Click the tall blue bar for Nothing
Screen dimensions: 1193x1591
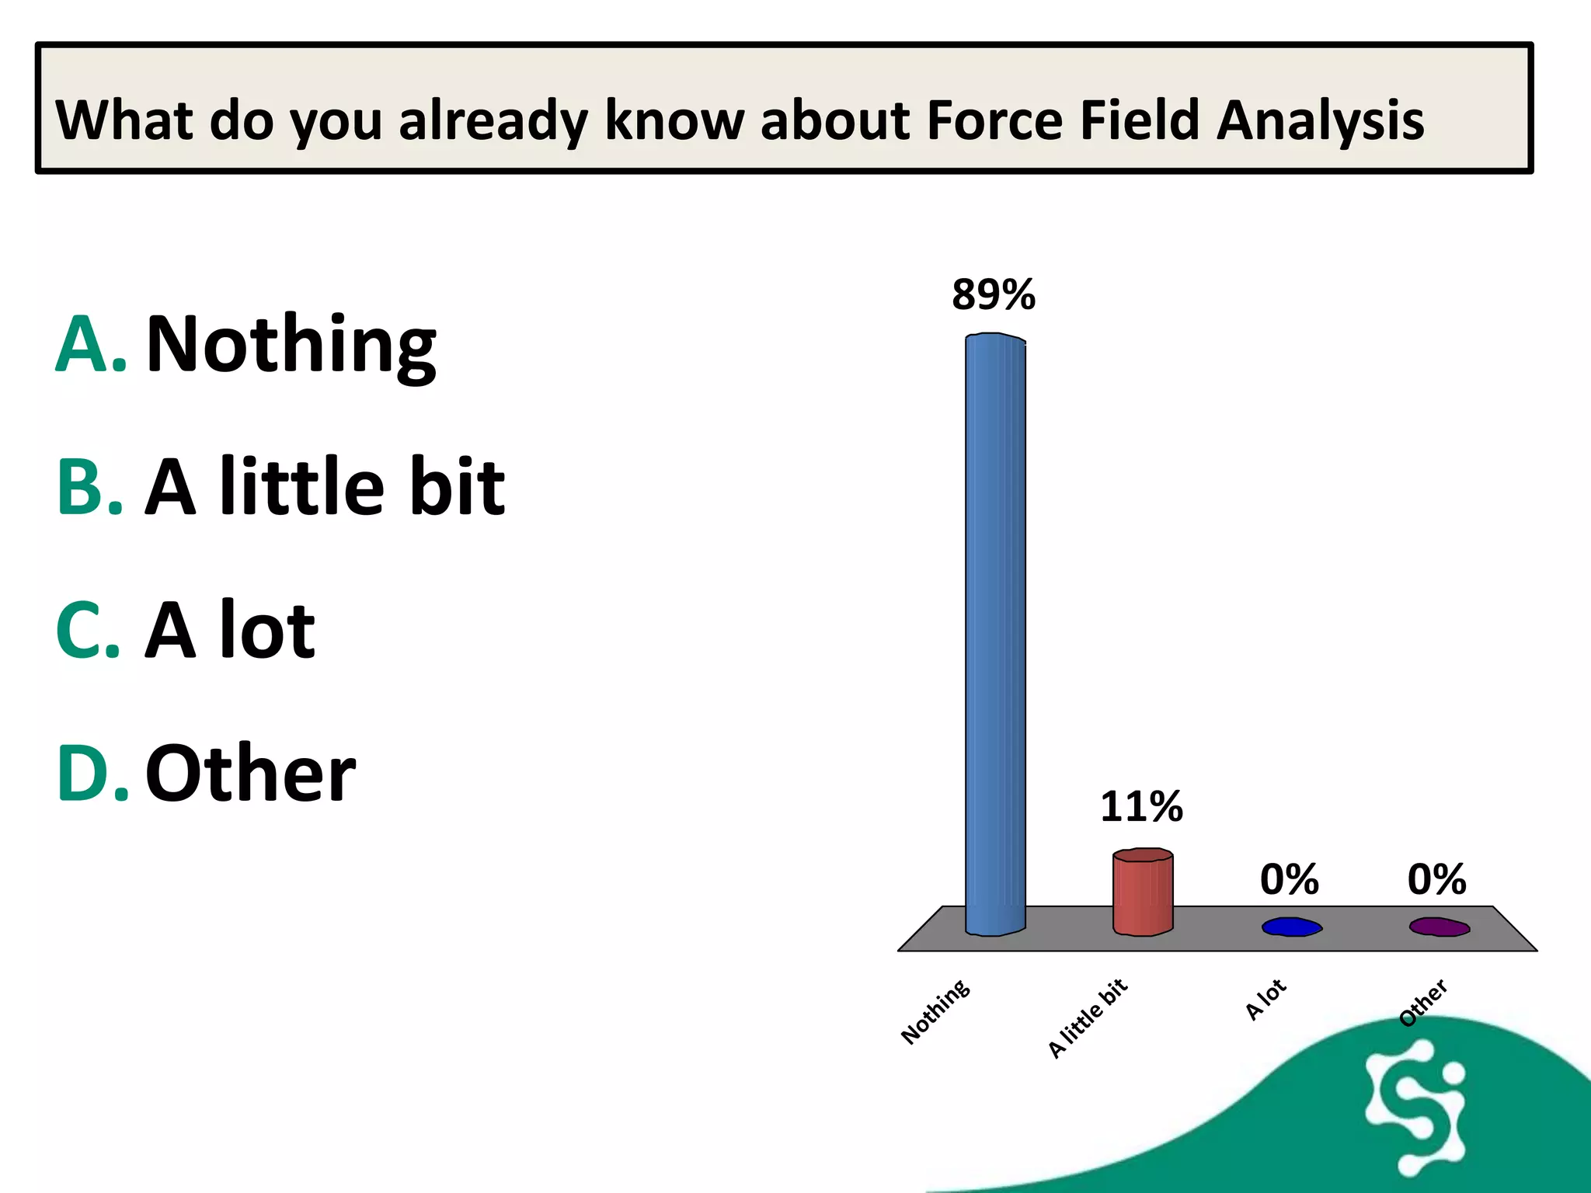pyautogui.click(x=995, y=633)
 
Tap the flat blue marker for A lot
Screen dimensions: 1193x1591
pyautogui.click(x=1291, y=927)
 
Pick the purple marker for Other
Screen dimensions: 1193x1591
pyautogui.click(x=1440, y=927)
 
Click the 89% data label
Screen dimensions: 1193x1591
pyautogui.click(x=994, y=295)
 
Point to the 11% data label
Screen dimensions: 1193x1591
pyautogui.click(x=1141, y=807)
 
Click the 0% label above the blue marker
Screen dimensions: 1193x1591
pyautogui.click(x=1289, y=879)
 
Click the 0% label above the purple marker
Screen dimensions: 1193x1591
pyautogui.click(x=1436, y=879)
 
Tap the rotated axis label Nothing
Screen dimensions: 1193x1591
pyautogui.click(x=935, y=1011)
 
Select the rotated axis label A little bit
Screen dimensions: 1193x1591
pyautogui.click(x=1088, y=1017)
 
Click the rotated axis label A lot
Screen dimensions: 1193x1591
pyautogui.click(x=1265, y=1000)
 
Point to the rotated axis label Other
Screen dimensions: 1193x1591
pyautogui.click(x=1422, y=1003)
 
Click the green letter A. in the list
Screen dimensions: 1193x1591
pyautogui.click(x=90, y=345)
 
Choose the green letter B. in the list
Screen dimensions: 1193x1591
pyautogui.click(x=90, y=487)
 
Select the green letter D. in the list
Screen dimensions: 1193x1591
pyautogui.click(x=92, y=773)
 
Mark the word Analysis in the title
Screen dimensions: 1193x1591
pyautogui.click(x=1320, y=122)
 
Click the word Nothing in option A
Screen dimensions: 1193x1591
pyautogui.click(x=291, y=345)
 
